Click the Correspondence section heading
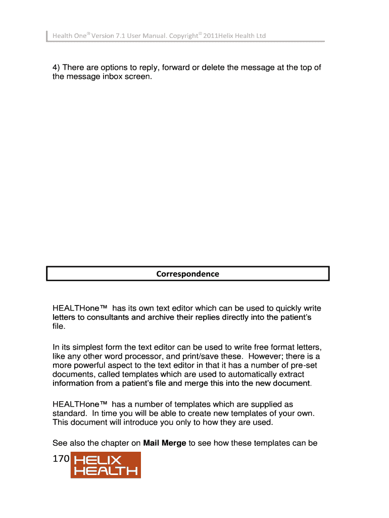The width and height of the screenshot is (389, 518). (187, 274)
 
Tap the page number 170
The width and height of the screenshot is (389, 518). (61, 459)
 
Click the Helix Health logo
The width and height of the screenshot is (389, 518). (105, 465)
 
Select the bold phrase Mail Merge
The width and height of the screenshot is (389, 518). (165, 443)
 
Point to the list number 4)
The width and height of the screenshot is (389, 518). (57, 68)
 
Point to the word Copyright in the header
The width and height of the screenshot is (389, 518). (183, 36)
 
